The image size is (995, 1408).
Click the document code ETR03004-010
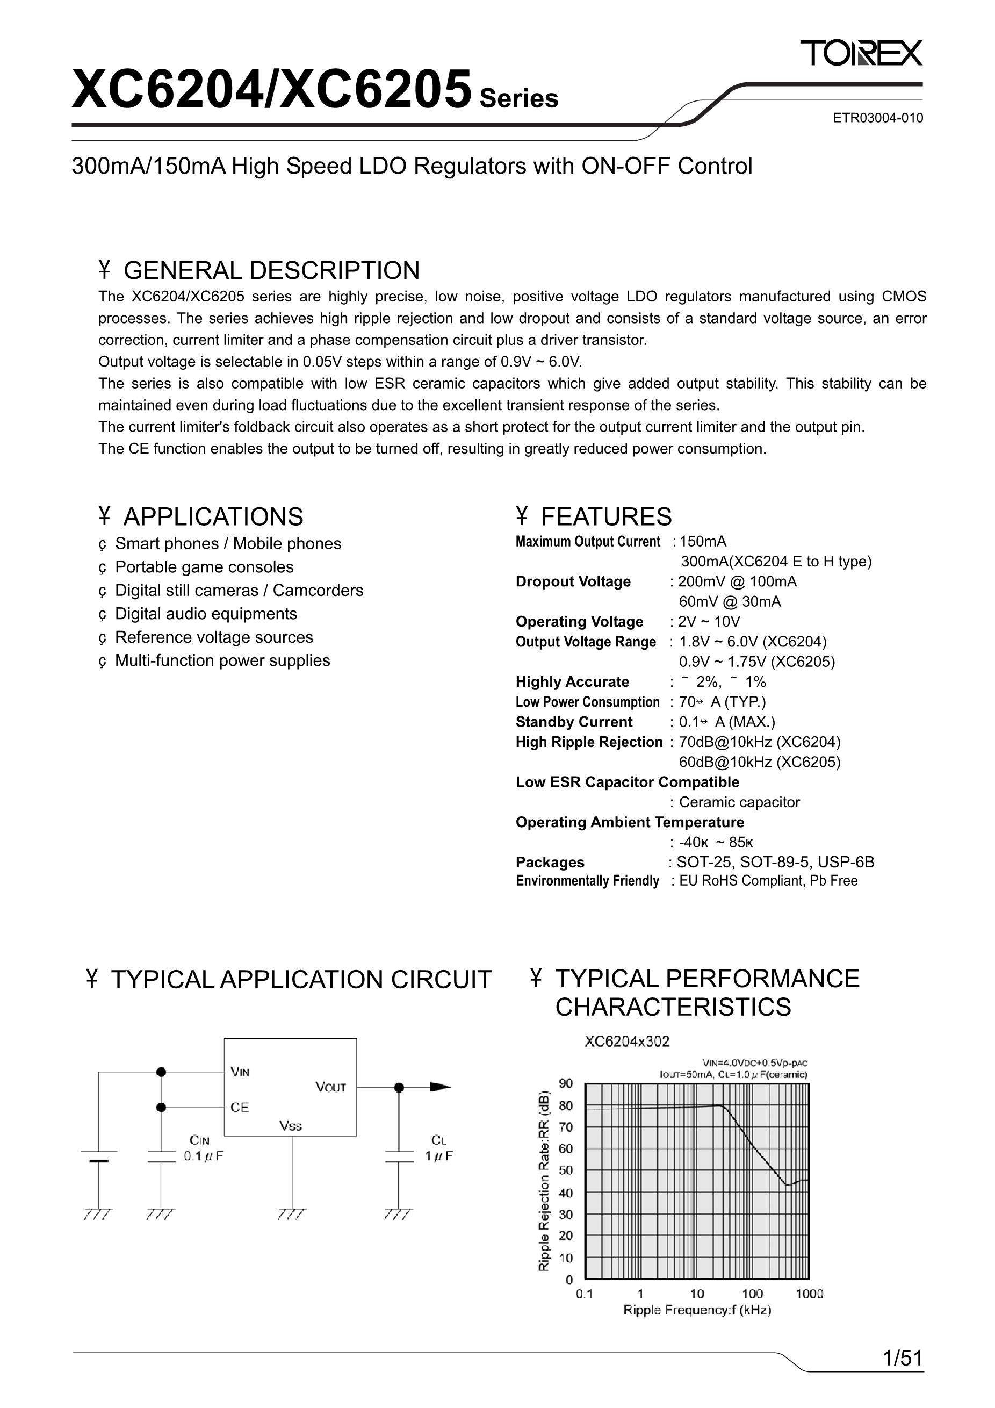pyautogui.click(x=877, y=118)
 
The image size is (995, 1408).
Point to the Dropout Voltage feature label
pyautogui.click(x=573, y=581)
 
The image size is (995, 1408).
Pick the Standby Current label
pyautogui.click(x=574, y=722)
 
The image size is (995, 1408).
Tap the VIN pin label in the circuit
pyautogui.click(x=240, y=1073)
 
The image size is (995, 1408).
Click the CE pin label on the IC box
pyautogui.click(x=239, y=1108)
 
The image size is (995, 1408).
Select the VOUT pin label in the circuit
pyautogui.click(x=330, y=1087)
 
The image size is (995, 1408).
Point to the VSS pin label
pyautogui.click(x=291, y=1126)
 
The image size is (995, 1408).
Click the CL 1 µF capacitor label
pyautogui.click(x=439, y=1148)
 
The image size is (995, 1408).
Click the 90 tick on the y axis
pyautogui.click(x=565, y=1083)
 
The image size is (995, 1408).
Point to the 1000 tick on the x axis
pyautogui.click(x=809, y=1294)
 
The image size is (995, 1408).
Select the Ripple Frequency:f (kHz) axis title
pyautogui.click(x=697, y=1310)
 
